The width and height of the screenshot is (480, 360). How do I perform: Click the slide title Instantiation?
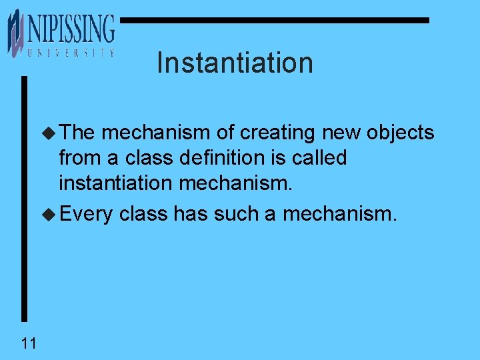point(235,63)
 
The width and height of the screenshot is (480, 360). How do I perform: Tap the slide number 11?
point(29,343)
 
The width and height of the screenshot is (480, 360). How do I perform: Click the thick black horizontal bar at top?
point(274,21)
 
